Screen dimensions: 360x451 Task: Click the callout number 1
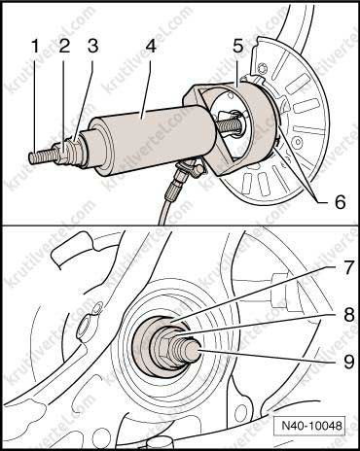tap(35, 48)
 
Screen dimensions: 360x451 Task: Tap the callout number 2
tap(64, 48)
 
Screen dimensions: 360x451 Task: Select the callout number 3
tap(92, 48)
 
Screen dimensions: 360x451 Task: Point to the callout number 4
tap(150, 48)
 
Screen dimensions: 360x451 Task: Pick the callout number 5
tap(237, 48)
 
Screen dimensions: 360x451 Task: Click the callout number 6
tap(341, 202)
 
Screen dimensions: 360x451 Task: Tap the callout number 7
tap(347, 269)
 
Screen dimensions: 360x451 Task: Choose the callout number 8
tap(348, 314)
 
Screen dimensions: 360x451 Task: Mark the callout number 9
tap(348, 361)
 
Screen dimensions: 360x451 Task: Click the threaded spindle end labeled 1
tap(42, 156)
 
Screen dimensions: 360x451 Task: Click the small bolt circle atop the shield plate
tap(263, 70)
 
